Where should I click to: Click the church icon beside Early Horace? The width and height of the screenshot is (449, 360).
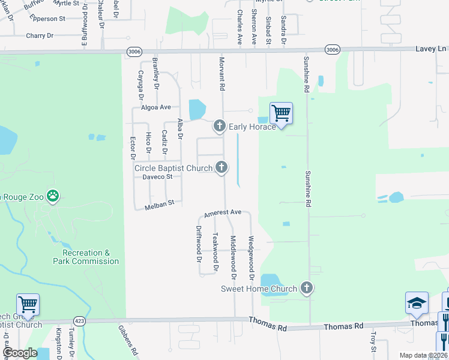[x=219, y=126]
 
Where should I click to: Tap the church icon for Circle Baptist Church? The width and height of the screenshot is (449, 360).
[x=221, y=167]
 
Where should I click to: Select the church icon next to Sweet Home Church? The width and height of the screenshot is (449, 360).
[x=307, y=288]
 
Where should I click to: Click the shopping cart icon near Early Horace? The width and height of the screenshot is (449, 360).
[x=281, y=112]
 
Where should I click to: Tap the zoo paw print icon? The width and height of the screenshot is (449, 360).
[x=53, y=195]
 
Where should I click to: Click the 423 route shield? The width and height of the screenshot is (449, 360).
[x=79, y=320]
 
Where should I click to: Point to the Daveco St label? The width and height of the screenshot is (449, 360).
[x=157, y=176]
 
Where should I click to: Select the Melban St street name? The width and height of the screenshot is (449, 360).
[x=159, y=204]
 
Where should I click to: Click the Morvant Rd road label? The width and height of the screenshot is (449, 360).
[x=221, y=75]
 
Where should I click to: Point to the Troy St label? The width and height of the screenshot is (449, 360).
[x=373, y=344]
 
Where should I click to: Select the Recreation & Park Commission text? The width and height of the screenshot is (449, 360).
[x=86, y=257]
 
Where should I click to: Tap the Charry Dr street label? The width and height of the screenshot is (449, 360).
[x=40, y=35]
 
